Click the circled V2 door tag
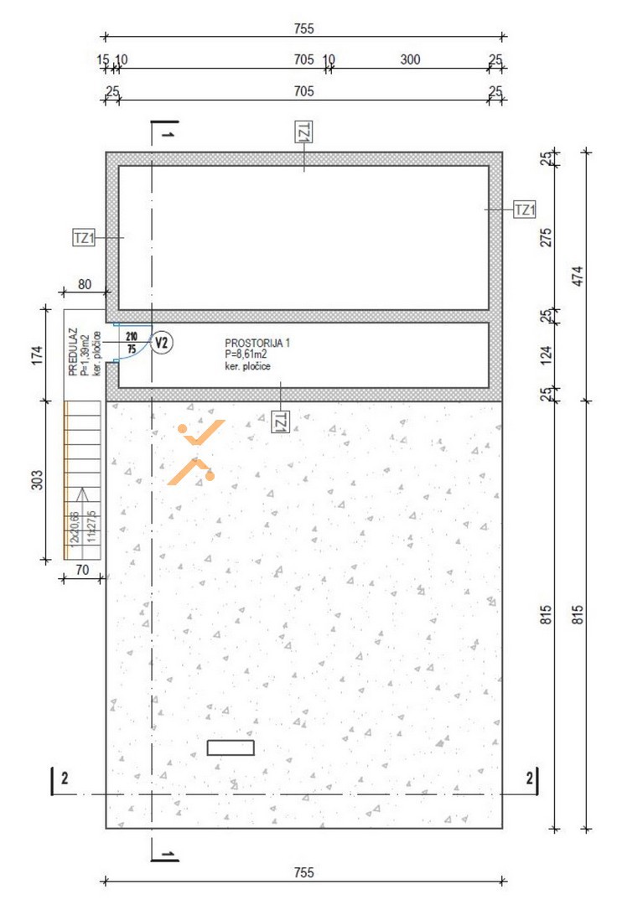(x=162, y=343)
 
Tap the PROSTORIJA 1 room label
(x=257, y=343)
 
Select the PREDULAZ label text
(x=73, y=352)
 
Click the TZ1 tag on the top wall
(x=303, y=132)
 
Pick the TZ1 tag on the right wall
(x=525, y=209)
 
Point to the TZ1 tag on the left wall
(x=84, y=238)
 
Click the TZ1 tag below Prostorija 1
(x=281, y=422)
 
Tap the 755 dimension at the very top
(x=303, y=28)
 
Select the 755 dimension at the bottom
(x=303, y=872)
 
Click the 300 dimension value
(x=411, y=59)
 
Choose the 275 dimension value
(x=546, y=238)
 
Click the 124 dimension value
(x=546, y=354)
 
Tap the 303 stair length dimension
(x=37, y=479)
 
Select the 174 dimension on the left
(x=37, y=354)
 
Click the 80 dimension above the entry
(x=85, y=284)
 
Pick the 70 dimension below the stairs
(x=82, y=570)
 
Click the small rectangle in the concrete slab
(x=231, y=747)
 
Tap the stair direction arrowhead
(x=82, y=494)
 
